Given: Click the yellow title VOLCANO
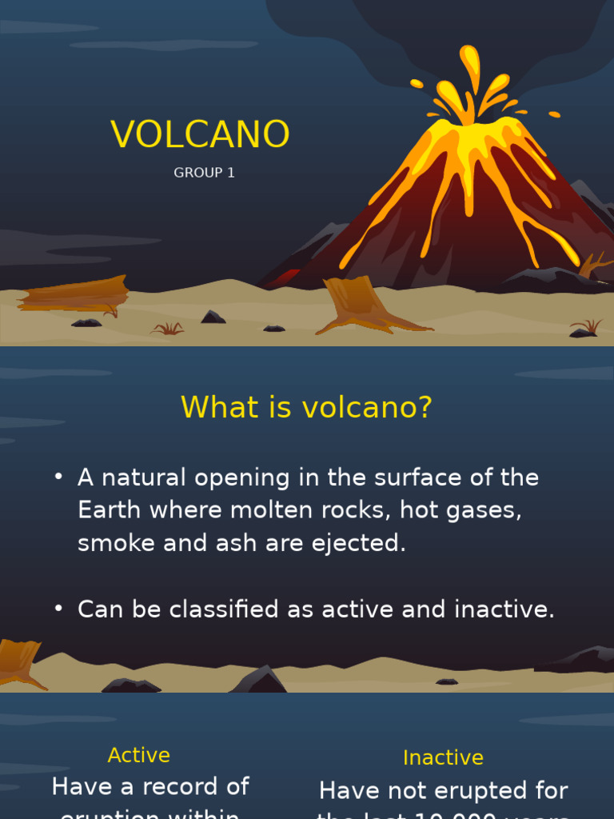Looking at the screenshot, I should tap(200, 134).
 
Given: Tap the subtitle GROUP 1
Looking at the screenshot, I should tap(204, 173).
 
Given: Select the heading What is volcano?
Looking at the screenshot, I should tap(306, 407).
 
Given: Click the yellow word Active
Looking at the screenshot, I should tap(139, 755).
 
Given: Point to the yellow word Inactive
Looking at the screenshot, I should tap(443, 757).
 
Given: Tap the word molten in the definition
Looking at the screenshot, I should tap(275, 510).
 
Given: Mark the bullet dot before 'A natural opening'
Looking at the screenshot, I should tap(58, 477).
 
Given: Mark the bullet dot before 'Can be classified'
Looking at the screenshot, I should tap(58, 609).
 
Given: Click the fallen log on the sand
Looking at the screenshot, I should tap(74, 294).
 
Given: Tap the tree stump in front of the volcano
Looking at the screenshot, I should tap(356, 302).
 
